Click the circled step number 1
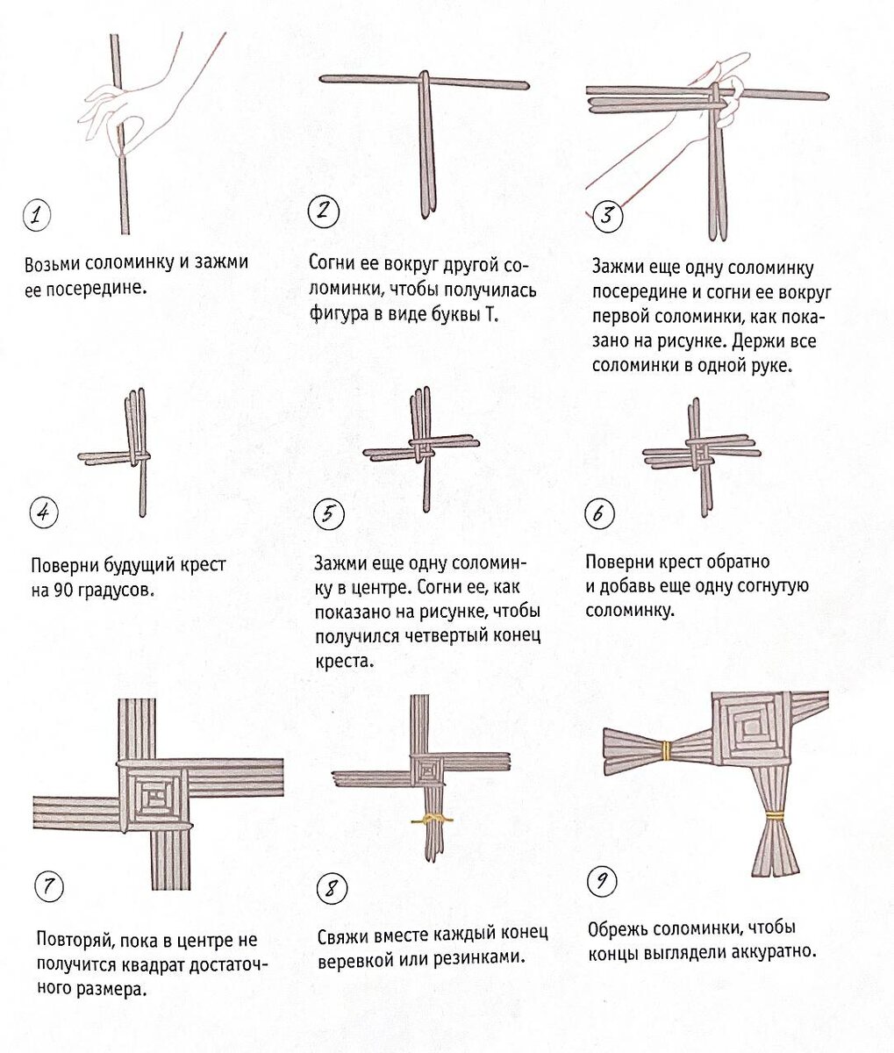click(37, 216)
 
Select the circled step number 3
click(607, 217)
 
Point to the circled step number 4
click(44, 512)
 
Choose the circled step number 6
click(599, 513)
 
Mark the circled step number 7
click(49, 887)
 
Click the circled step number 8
click(332, 890)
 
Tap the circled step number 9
click(602, 881)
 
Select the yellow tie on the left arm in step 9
click(666, 749)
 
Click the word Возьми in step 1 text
click(52, 264)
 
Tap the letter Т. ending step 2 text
click(491, 315)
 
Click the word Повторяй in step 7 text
click(76, 940)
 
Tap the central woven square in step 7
click(154, 798)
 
